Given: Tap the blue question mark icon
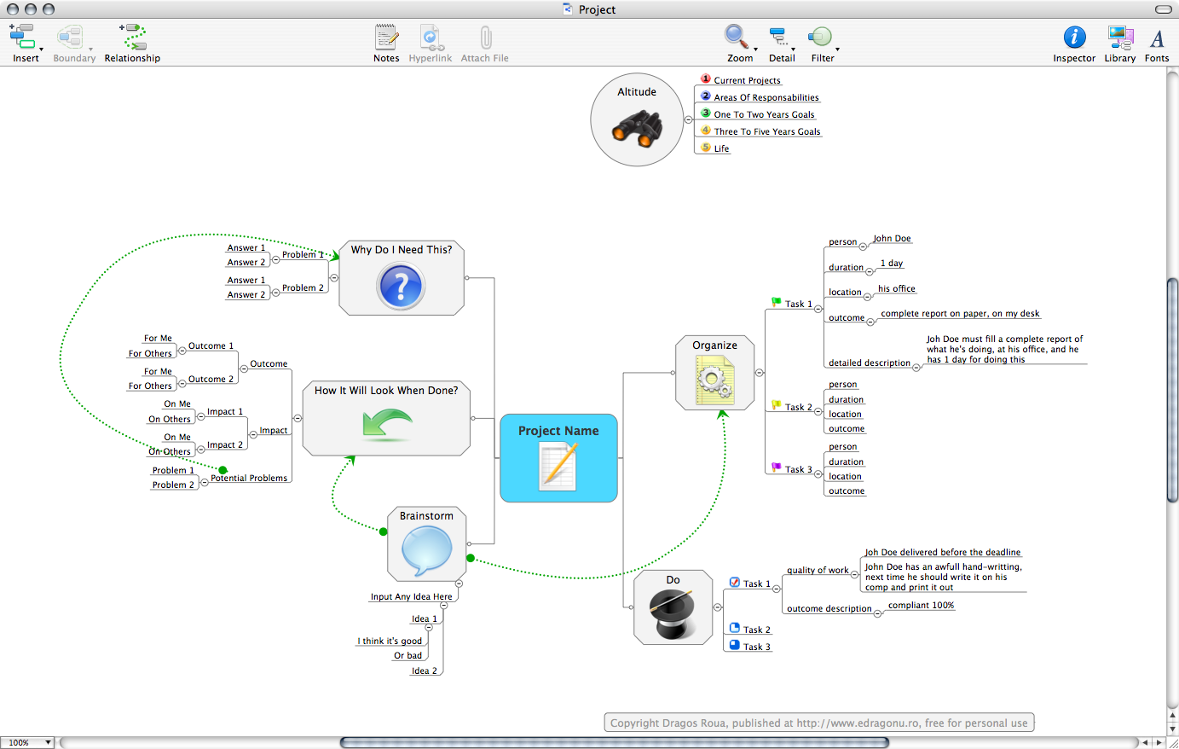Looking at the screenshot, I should coord(401,286).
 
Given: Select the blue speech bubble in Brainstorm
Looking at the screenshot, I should coord(426,550).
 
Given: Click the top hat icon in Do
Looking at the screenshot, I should coord(673,613).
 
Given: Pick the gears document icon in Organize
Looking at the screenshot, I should coord(714,380).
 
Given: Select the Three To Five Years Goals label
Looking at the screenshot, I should coord(766,131).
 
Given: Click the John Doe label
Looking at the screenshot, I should coord(892,239).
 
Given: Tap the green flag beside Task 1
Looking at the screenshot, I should coord(777,301).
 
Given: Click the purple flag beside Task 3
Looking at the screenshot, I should coord(777,467).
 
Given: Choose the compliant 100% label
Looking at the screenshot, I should coord(921,606).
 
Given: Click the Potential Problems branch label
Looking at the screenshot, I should coord(249,479).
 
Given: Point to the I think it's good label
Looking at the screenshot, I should coord(391,641).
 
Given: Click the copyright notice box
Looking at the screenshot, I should coord(818,723).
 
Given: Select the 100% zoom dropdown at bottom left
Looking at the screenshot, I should coord(27,743).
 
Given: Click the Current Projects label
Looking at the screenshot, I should coord(747,80).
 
